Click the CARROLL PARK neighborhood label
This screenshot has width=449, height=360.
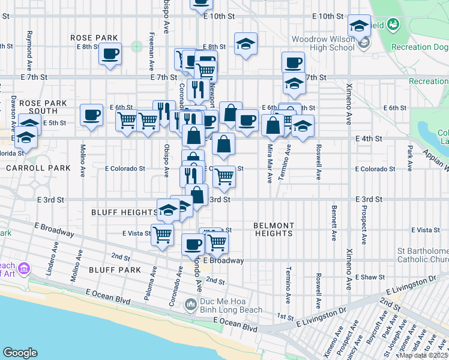(x=38, y=169)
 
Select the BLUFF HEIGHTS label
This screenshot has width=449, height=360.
(x=124, y=212)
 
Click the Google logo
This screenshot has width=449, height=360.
(x=20, y=353)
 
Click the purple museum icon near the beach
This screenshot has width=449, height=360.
(x=24, y=266)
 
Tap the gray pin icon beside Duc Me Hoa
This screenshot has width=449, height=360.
(x=191, y=305)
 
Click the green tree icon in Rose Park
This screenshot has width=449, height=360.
(x=137, y=46)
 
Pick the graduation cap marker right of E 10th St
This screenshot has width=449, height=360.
(x=359, y=27)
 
